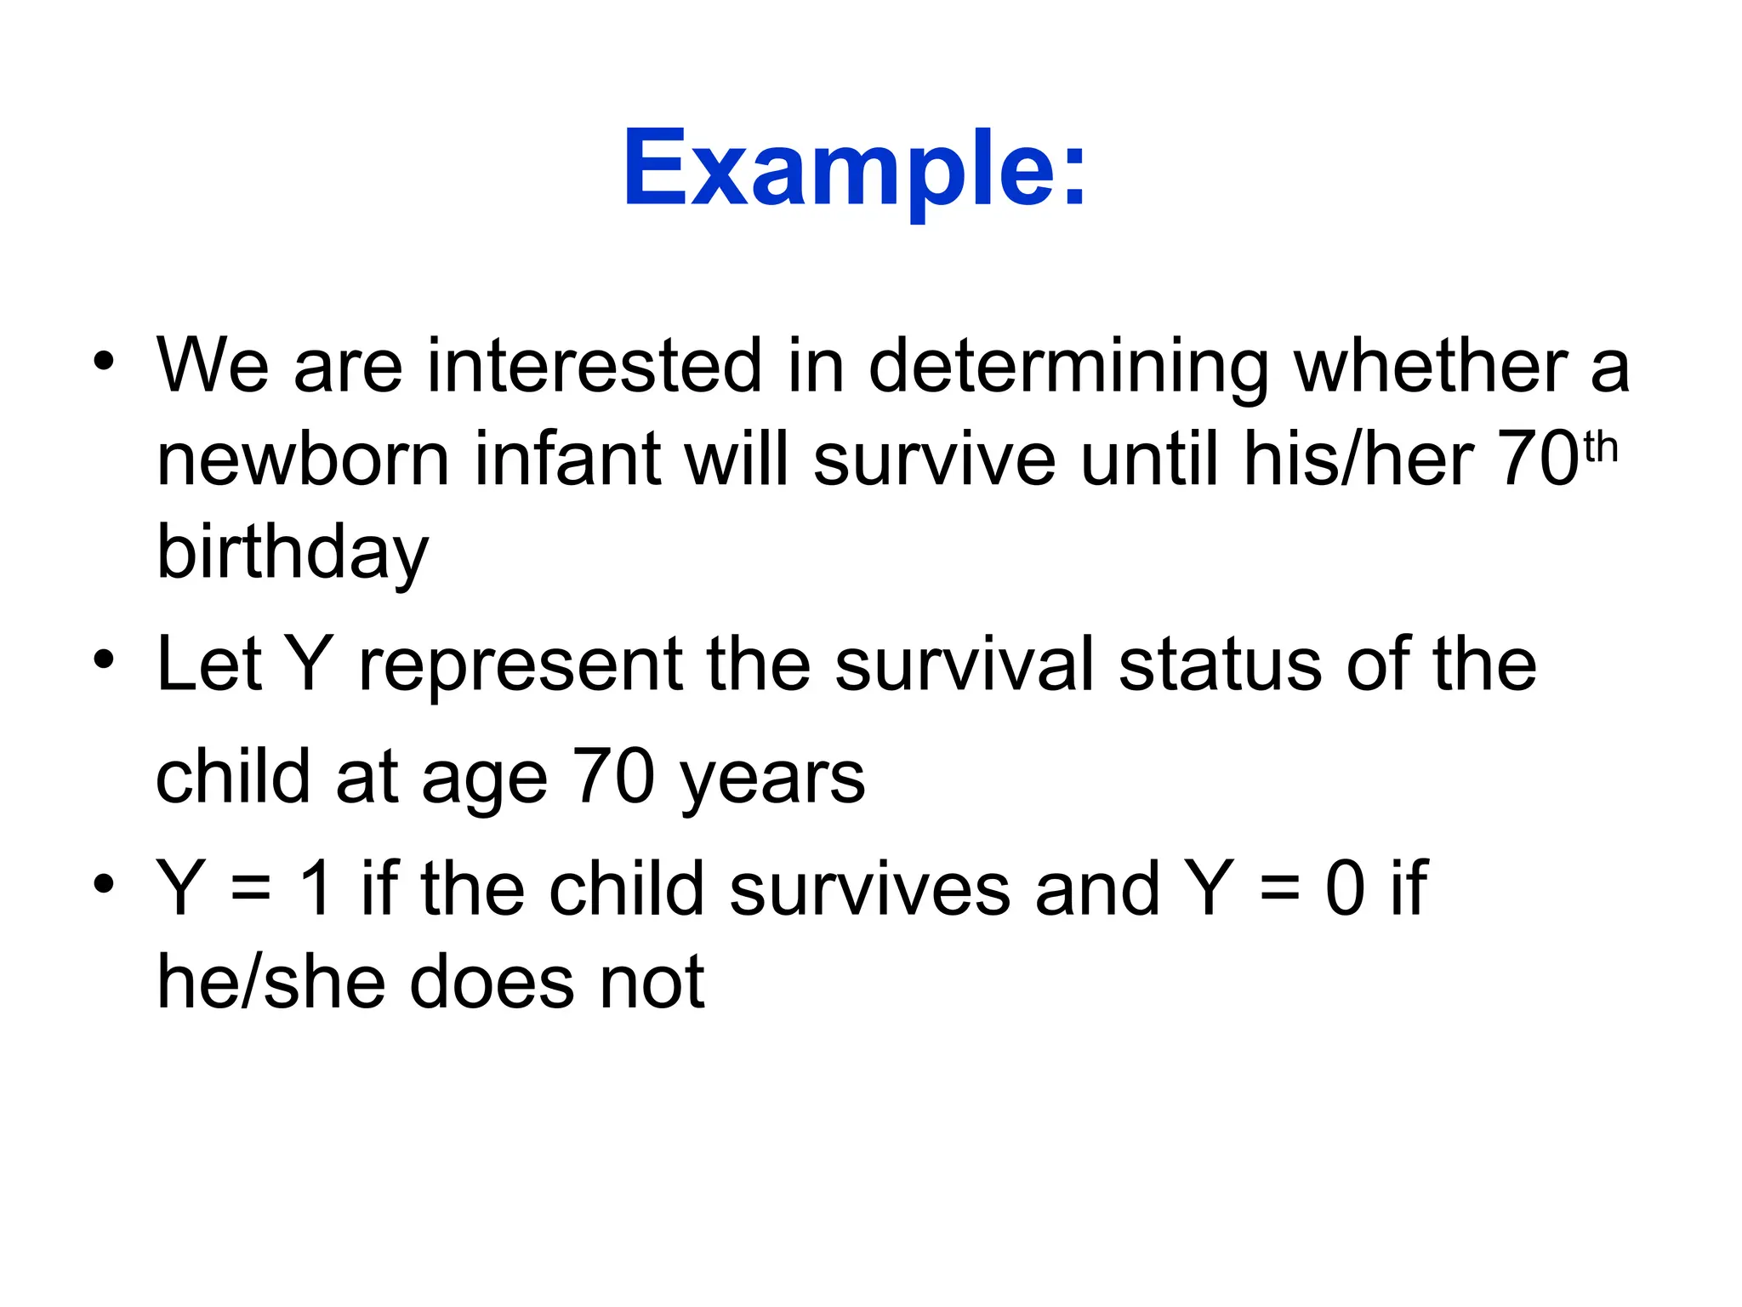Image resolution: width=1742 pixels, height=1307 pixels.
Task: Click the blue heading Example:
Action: pos(854,168)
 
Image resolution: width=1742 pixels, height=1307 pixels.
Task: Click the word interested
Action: pos(594,366)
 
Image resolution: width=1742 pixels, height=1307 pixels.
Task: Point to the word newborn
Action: pos(303,459)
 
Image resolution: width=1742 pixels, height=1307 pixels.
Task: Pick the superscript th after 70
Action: pos(1600,448)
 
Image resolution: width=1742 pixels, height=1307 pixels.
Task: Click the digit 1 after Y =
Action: pos(316,888)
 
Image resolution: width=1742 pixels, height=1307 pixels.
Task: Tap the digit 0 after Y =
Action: pos(1345,888)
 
